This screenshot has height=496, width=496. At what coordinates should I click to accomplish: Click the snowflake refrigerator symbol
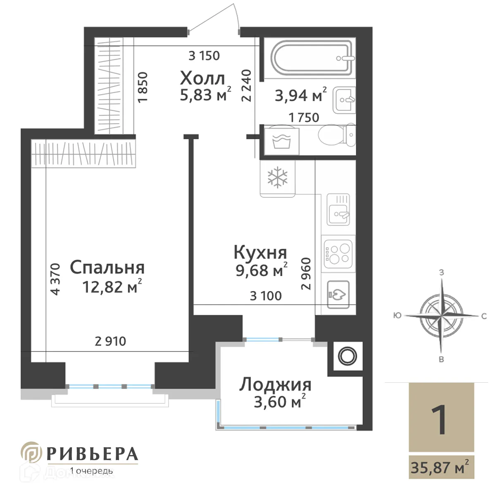point(278,177)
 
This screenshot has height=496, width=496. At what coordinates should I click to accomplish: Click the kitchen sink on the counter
point(339,210)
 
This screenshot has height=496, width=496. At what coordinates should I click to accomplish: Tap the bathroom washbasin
point(344,99)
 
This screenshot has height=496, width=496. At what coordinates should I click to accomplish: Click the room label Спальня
point(107,268)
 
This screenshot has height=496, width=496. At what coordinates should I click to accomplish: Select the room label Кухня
point(260,252)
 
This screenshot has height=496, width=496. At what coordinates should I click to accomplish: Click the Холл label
point(203,78)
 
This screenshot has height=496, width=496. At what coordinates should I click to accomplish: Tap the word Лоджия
point(275,384)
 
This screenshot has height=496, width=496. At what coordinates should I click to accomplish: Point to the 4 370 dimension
point(55,279)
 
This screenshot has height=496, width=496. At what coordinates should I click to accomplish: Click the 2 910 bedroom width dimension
point(110,341)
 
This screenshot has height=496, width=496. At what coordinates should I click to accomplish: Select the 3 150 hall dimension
point(204,55)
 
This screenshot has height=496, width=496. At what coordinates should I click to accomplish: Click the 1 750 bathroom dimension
point(304,117)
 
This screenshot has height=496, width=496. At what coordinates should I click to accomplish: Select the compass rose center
point(442,316)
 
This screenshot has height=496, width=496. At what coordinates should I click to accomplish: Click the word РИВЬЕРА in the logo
point(92,454)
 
